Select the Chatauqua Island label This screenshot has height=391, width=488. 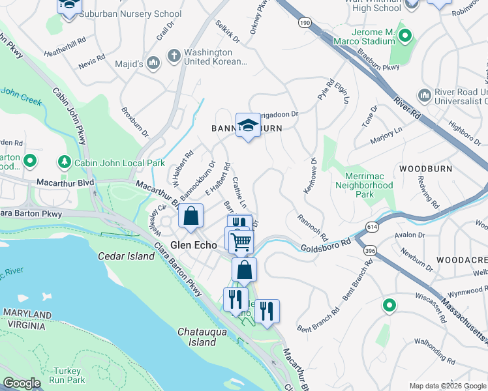click(206, 337)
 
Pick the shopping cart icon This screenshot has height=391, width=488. click(241, 242)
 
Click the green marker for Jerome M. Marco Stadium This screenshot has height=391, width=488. click(405, 36)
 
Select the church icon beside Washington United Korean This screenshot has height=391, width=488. click(174, 57)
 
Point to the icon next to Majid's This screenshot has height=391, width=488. click(153, 63)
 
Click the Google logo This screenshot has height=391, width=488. click(22, 384)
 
